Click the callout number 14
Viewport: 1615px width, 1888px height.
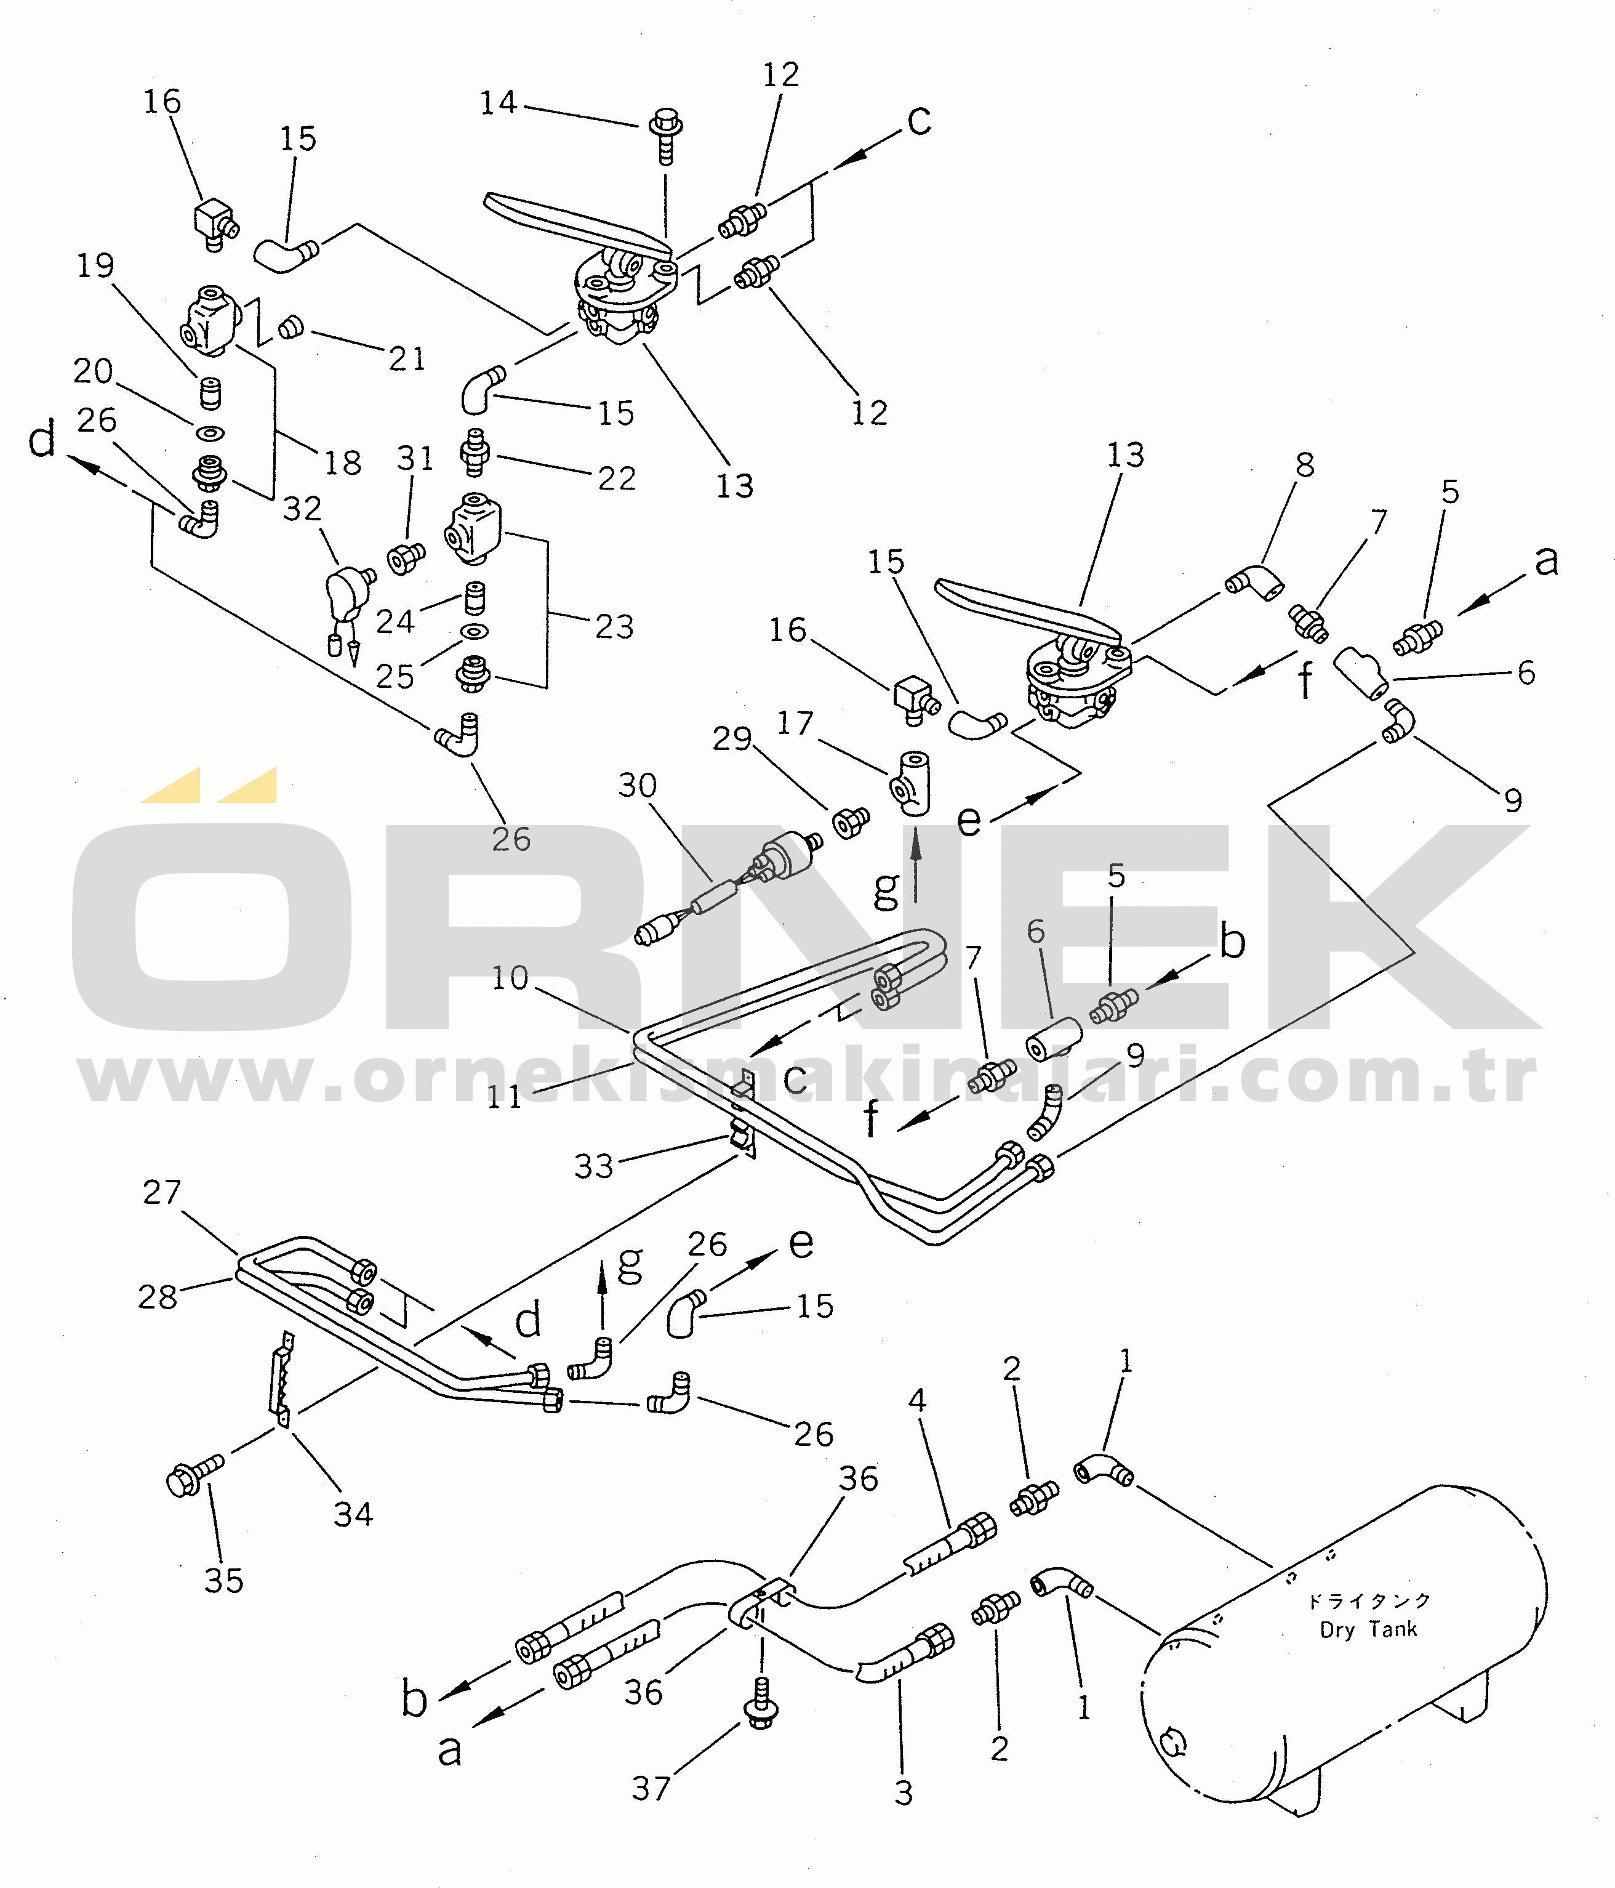point(499,103)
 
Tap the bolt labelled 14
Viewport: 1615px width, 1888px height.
point(666,137)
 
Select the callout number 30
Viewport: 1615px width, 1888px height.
point(638,786)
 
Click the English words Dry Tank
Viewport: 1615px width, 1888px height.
point(1368,1629)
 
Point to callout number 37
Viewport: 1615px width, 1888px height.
point(651,1789)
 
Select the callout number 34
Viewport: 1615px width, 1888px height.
point(353,1514)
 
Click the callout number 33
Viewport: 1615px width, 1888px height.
point(594,1166)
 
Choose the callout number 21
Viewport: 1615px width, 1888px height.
point(407,359)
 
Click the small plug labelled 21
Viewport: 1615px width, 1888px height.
point(291,326)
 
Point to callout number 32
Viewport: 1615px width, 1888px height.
point(302,509)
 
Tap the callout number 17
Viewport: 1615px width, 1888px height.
point(795,724)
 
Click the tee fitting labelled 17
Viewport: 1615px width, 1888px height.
point(910,782)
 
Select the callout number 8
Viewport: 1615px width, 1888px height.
point(1305,465)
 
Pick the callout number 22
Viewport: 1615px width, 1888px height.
point(617,478)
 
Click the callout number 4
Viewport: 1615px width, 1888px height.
point(917,1400)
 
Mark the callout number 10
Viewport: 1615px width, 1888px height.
point(510,978)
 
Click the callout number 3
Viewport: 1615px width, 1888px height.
point(904,1793)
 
